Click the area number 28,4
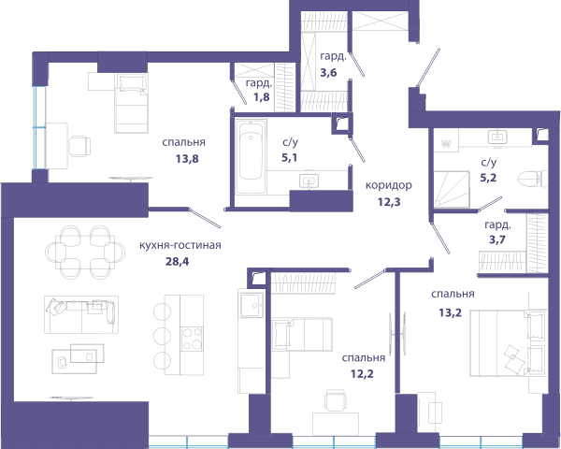pyautogui.click(x=177, y=262)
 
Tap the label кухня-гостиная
pyautogui.click(x=180, y=245)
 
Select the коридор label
pyautogui.click(x=389, y=185)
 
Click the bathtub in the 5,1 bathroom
pyautogui.click(x=251, y=157)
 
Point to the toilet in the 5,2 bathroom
pyautogui.click(x=533, y=179)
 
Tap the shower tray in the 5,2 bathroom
pyautogui.click(x=452, y=189)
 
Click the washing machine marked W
pyautogui.click(x=446, y=145)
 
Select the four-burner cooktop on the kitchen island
pyautogui.click(x=192, y=339)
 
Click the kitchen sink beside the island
pyautogui.click(x=252, y=305)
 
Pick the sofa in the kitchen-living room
pyautogui.click(x=81, y=314)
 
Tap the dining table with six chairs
pyautogui.click(x=85, y=252)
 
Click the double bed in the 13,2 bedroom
pyautogui.click(x=508, y=343)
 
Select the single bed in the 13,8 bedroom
pyautogui.click(x=131, y=103)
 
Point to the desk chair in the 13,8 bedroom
pyautogui.click(x=79, y=146)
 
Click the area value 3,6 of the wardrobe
pyautogui.click(x=328, y=73)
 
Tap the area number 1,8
pyautogui.click(x=261, y=97)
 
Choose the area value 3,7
pyautogui.click(x=497, y=239)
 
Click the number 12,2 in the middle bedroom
pyautogui.click(x=362, y=374)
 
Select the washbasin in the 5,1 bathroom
pyautogui.click(x=309, y=181)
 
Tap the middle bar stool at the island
pyautogui.click(x=162, y=336)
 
